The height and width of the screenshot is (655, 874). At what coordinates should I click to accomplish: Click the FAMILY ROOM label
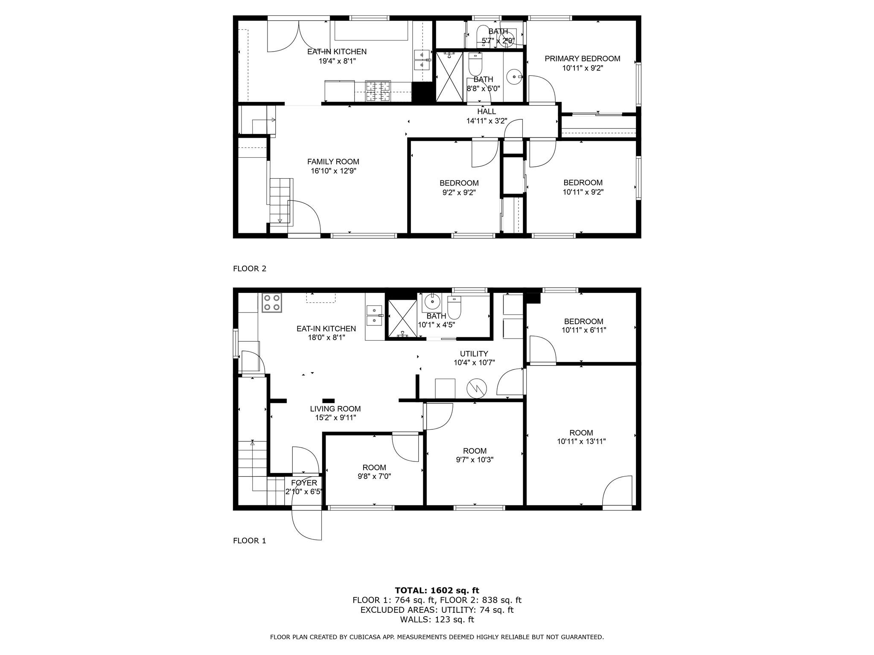coord(333,162)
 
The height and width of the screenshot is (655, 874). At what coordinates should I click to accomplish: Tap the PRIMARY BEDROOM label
coord(582,59)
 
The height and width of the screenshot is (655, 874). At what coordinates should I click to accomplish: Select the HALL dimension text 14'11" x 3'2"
coord(487,121)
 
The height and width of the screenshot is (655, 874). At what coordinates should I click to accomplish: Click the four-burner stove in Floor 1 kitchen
coord(271,303)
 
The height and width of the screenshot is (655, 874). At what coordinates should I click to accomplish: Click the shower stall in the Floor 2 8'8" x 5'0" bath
coord(449,77)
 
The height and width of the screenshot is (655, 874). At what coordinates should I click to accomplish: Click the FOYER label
coord(304,483)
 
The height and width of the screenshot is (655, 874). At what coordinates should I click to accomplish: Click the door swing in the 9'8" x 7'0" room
coord(405,448)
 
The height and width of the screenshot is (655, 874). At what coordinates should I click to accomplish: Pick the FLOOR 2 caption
coord(249,269)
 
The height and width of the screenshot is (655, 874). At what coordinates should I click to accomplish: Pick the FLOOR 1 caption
coord(249,541)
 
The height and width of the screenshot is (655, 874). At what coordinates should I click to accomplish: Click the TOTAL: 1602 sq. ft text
coord(437,590)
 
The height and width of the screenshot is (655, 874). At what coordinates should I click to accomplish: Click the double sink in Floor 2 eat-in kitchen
coord(422,60)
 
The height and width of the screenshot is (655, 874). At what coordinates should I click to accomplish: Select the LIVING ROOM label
coord(335,409)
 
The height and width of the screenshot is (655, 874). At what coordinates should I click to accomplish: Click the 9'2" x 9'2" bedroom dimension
coord(459,192)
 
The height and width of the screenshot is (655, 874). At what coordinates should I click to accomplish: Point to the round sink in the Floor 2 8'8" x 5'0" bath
coord(514,77)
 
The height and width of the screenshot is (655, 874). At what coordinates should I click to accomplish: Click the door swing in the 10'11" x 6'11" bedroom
coord(542,350)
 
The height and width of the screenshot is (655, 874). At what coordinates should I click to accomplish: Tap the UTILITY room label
coord(474,354)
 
